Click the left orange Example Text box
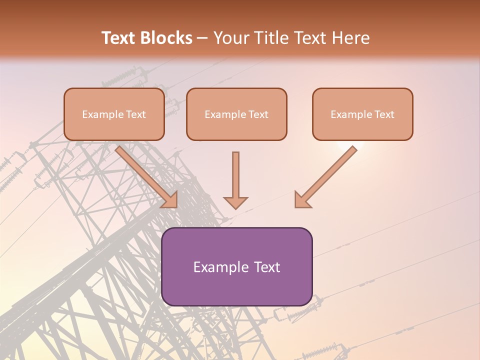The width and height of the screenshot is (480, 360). (x=114, y=114)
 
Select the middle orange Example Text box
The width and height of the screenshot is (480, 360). (x=236, y=114)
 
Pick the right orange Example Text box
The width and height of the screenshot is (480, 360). (x=362, y=114)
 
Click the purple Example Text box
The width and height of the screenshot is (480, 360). (x=236, y=266)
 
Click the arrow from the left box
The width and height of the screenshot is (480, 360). (x=145, y=175)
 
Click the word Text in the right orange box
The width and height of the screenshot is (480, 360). (x=384, y=114)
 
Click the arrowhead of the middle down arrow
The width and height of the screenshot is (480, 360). (x=235, y=202)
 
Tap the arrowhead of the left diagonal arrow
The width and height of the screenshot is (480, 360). (x=170, y=199)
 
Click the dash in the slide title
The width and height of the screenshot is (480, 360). (x=202, y=38)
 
